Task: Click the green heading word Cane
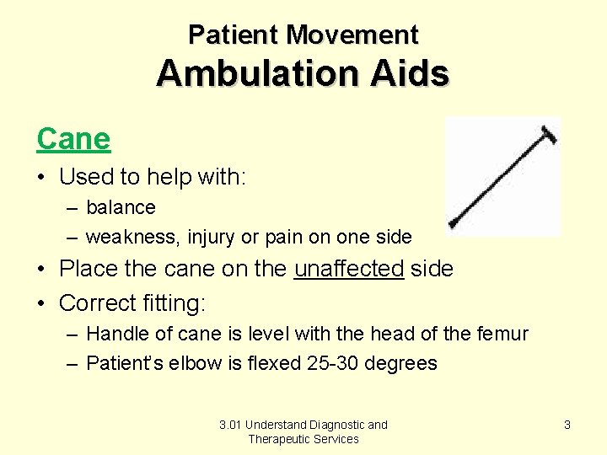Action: pyautogui.click(x=73, y=139)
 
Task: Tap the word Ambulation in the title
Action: pyautogui.click(x=253, y=74)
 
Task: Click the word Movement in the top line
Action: pyautogui.click(x=352, y=35)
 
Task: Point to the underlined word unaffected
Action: pyautogui.click(x=349, y=269)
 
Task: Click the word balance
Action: pyautogui.click(x=121, y=207)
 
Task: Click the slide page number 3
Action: pyautogui.click(x=567, y=425)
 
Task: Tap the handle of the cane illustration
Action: pyautogui.click(x=549, y=132)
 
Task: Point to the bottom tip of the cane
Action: pyautogui.click(x=454, y=224)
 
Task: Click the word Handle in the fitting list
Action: pyautogui.click(x=114, y=334)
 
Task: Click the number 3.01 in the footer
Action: pyautogui.click(x=230, y=425)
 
